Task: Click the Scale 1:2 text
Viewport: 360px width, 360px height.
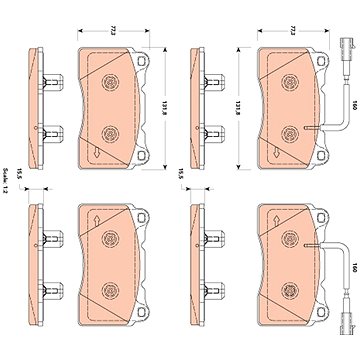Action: click(5, 181)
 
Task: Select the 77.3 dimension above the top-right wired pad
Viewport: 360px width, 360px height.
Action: click(293, 31)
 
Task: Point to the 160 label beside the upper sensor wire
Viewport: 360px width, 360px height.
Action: click(354, 107)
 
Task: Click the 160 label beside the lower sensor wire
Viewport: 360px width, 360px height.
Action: click(354, 268)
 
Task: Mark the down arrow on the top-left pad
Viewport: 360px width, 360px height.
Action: click(97, 153)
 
